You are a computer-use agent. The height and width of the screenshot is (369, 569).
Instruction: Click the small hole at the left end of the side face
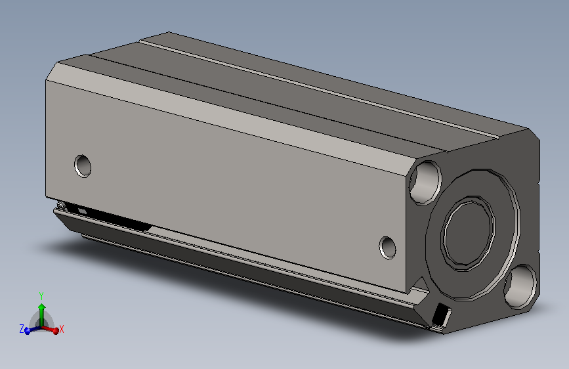[83, 165]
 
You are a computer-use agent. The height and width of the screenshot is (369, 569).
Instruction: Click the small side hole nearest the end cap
[389, 247]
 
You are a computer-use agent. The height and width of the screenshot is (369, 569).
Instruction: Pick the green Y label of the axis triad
[41, 295]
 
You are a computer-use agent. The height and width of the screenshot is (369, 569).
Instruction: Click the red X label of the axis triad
[62, 328]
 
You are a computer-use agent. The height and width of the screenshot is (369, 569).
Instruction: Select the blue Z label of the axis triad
[22, 329]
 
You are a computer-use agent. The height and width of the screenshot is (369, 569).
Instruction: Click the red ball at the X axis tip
[55, 331]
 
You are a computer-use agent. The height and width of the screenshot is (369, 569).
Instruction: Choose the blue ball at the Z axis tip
[28, 331]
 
